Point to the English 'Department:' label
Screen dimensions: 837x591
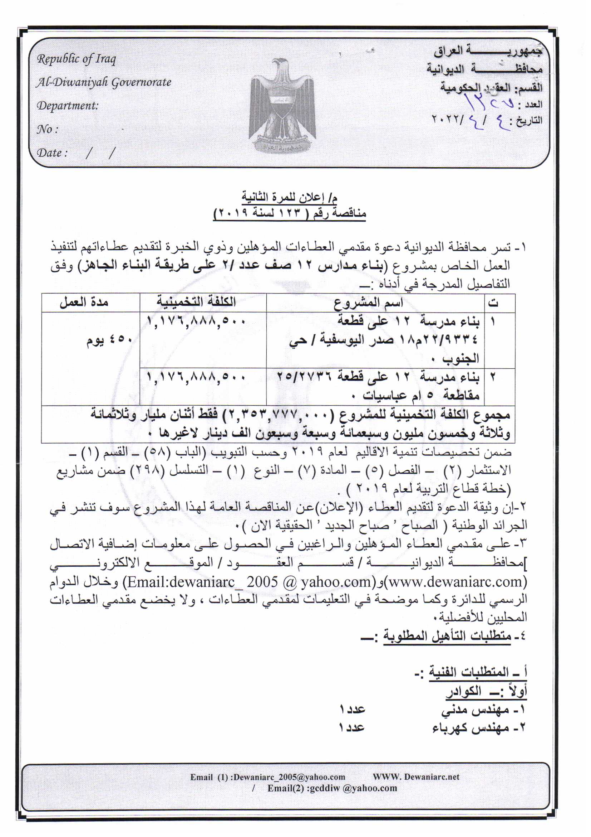click(x=68, y=106)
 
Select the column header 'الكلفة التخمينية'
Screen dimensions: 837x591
click(x=196, y=302)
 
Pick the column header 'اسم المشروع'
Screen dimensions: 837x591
click(x=368, y=303)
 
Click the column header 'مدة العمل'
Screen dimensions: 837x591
click(x=84, y=302)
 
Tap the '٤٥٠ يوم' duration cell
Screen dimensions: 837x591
click(x=109, y=340)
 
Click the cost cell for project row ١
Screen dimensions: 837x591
click(x=196, y=321)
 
